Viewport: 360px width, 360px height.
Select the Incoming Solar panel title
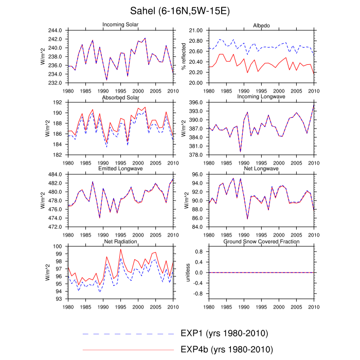pyautogui.click(x=123, y=25)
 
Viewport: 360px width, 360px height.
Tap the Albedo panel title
pyautogui.click(x=261, y=25)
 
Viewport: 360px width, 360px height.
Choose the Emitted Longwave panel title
pyautogui.click(x=123, y=169)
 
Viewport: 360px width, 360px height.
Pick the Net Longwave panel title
pyautogui.click(x=261, y=169)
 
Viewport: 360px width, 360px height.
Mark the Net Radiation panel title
pyautogui.click(x=123, y=241)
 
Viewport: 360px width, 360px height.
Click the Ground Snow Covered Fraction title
pyautogui.click(x=261, y=241)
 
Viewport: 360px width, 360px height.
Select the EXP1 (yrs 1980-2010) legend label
pyautogui.click(x=224, y=333)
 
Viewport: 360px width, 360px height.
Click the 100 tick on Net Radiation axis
pyautogui.click(x=58, y=246)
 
